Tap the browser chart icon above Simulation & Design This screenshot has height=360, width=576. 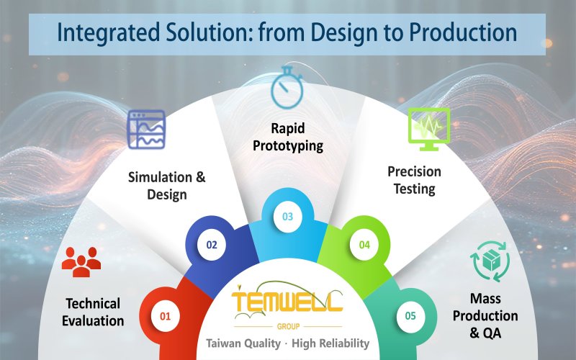[x=146, y=130]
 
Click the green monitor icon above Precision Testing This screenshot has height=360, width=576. [x=428, y=127]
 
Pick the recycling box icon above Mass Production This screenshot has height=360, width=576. [x=490, y=262]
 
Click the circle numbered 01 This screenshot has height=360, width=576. [x=166, y=315]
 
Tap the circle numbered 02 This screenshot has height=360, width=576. [x=212, y=245]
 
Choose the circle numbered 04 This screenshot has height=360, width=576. [x=364, y=245]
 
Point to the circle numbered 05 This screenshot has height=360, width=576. [x=410, y=315]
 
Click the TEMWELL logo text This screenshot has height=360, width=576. [x=287, y=302]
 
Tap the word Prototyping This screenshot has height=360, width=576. [x=292, y=145]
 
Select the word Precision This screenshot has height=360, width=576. [x=414, y=172]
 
